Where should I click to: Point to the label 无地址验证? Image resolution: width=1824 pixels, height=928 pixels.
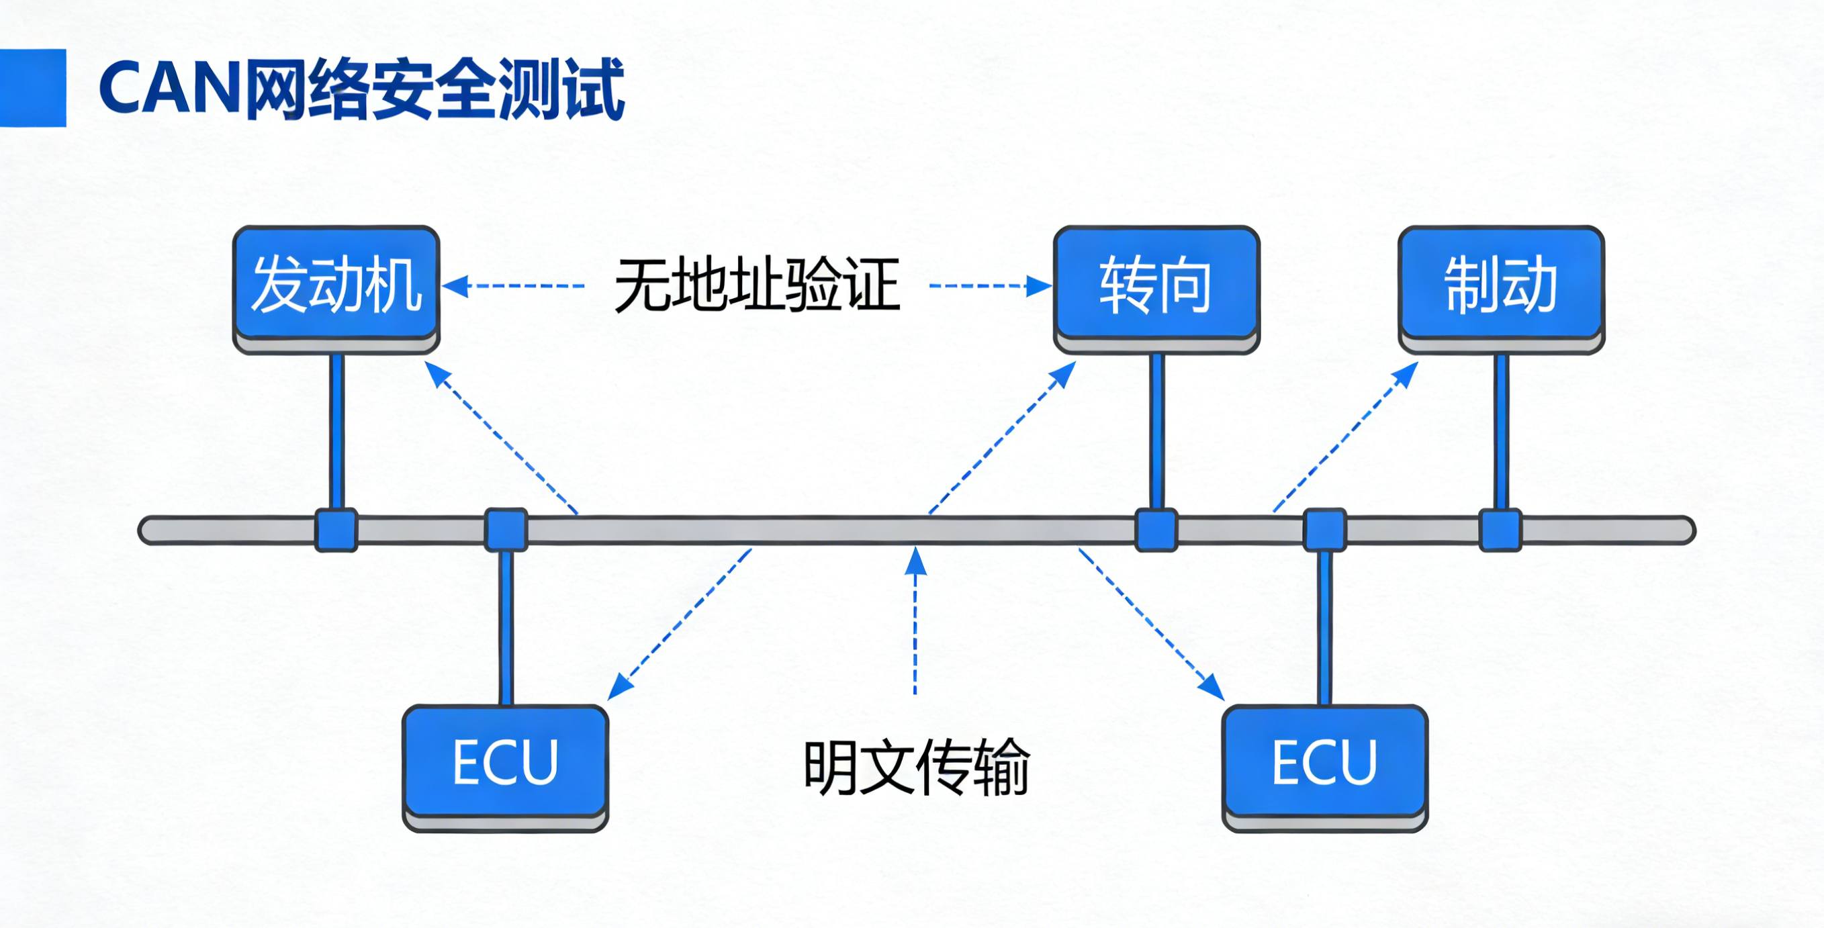756,286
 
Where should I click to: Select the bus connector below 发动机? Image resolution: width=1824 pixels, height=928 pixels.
336,530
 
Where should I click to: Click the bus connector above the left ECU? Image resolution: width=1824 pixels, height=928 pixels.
506,530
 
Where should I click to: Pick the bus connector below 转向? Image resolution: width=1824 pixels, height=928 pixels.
1156,530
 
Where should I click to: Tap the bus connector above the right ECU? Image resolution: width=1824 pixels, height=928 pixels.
1325,530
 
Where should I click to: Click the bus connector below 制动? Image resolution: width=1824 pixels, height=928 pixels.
1500,530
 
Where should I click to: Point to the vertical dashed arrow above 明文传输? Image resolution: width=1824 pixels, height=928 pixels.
915,623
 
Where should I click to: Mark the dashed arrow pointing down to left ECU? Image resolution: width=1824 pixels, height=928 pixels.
680,623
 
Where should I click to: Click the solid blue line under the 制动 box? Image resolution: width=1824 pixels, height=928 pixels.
1500,432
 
